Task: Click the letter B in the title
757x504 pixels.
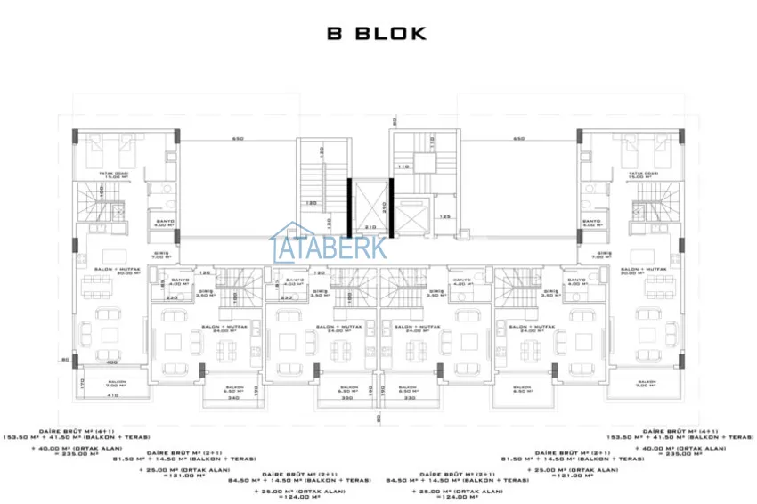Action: click(336, 34)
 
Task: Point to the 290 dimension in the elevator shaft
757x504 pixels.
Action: click(383, 205)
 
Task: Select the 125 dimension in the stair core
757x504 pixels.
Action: click(443, 215)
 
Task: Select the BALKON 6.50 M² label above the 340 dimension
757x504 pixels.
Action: click(234, 389)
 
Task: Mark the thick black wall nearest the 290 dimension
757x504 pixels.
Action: click(390, 207)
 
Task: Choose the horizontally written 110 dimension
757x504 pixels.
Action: click(403, 167)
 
